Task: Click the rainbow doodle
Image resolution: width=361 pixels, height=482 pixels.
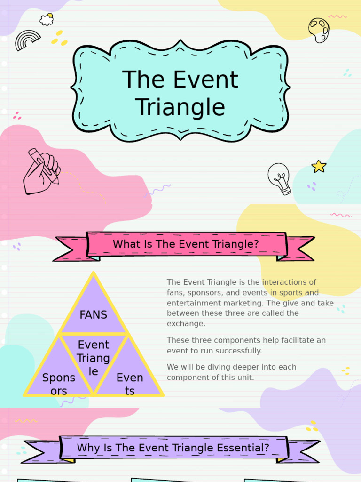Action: pyautogui.click(x=28, y=40)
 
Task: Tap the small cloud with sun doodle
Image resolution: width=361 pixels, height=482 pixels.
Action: pyautogui.click(x=47, y=19)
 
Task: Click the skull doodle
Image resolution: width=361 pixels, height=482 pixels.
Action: pyautogui.click(x=319, y=30)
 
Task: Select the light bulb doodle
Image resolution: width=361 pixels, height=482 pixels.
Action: pyautogui.click(x=280, y=178)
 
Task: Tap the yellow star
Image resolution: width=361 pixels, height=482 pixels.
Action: pyautogui.click(x=319, y=166)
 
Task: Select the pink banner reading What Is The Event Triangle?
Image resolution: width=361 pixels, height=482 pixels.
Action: pyautogui.click(x=186, y=244)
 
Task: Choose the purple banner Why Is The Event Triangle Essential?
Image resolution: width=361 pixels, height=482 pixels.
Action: pyautogui.click(x=173, y=448)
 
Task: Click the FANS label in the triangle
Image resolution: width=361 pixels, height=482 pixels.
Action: pyautogui.click(x=94, y=315)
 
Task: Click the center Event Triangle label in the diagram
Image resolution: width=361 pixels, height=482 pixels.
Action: pyautogui.click(x=94, y=358)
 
